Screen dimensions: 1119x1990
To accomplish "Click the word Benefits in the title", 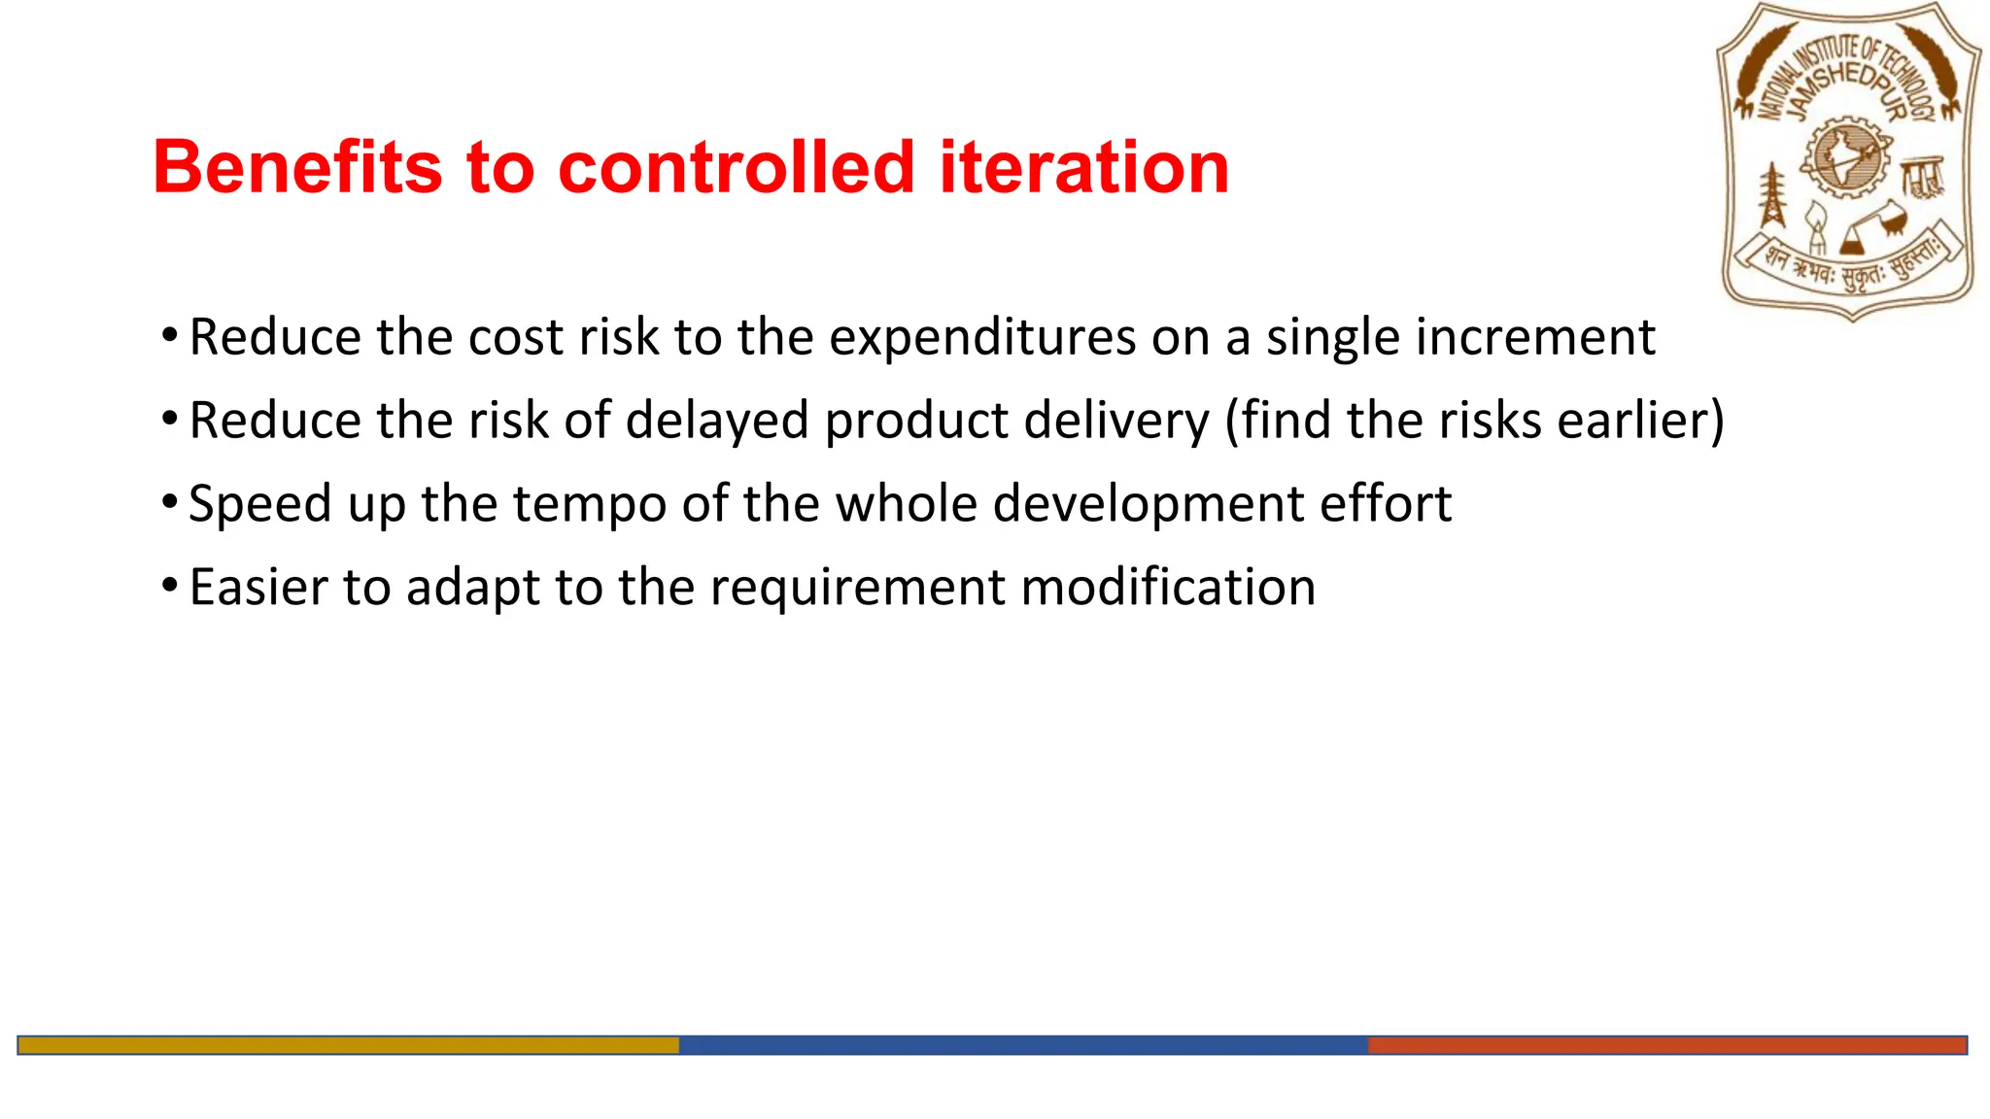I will (x=296, y=167).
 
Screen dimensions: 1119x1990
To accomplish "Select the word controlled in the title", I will (x=737, y=167).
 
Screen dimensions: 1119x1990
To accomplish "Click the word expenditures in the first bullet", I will (x=981, y=339).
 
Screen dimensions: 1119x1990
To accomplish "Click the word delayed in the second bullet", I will (x=717, y=422).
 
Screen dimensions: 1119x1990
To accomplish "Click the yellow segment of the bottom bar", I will (x=348, y=1045).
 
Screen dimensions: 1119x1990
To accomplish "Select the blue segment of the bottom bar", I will (x=1022, y=1045).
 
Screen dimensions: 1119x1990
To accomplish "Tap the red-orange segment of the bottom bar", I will (x=1666, y=1045).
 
